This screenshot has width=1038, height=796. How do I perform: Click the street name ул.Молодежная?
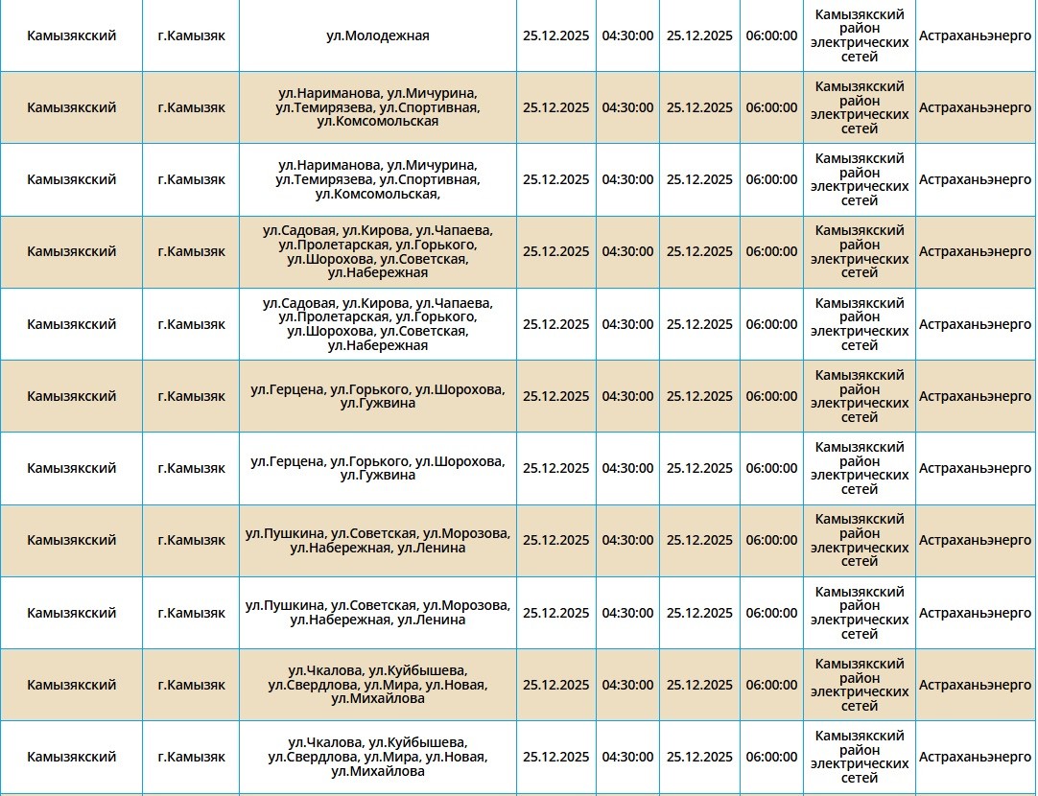tap(378, 35)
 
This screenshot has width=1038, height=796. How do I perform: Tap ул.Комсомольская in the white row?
tap(376, 194)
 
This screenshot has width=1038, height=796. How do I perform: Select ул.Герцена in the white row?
tap(286, 461)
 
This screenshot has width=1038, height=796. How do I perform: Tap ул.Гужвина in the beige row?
tap(378, 403)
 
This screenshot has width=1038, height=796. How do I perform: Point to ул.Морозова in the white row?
tap(466, 605)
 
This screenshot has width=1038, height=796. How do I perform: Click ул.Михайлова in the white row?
tap(378, 771)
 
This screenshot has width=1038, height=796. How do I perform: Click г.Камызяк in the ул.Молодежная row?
tap(191, 35)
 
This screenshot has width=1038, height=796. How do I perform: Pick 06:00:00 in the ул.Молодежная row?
tap(771, 35)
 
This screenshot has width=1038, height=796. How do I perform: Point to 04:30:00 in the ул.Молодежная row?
tap(627, 35)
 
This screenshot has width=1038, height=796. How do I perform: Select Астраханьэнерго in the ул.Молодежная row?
tap(975, 35)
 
